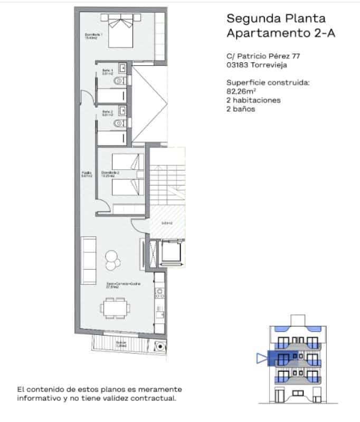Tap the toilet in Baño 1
[x=120, y=81]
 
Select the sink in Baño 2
[x=122, y=111]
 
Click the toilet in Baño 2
[x=120, y=123]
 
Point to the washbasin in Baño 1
[x=122, y=68]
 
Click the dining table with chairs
[x=115, y=308]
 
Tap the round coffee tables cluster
[x=112, y=258]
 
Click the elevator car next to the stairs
[x=171, y=252]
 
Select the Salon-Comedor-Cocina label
[x=118, y=285]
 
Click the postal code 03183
[x=236, y=65]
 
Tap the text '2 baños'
[x=241, y=109]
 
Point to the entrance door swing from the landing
[x=139, y=226]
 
